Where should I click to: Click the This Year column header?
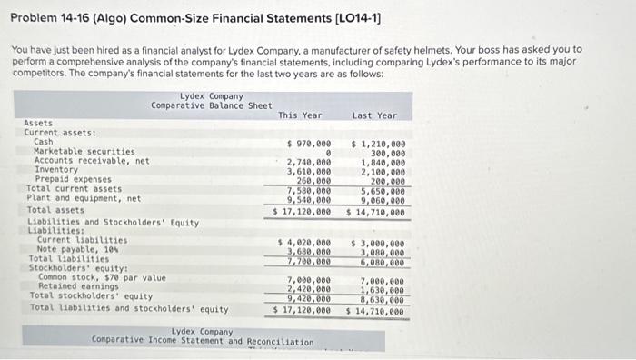tap(300, 115)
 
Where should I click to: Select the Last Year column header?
tap(374, 115)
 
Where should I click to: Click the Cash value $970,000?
tap(308, 143)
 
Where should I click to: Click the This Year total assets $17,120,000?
tap(303, 211)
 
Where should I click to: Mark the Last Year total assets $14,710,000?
tap(375, 211)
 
